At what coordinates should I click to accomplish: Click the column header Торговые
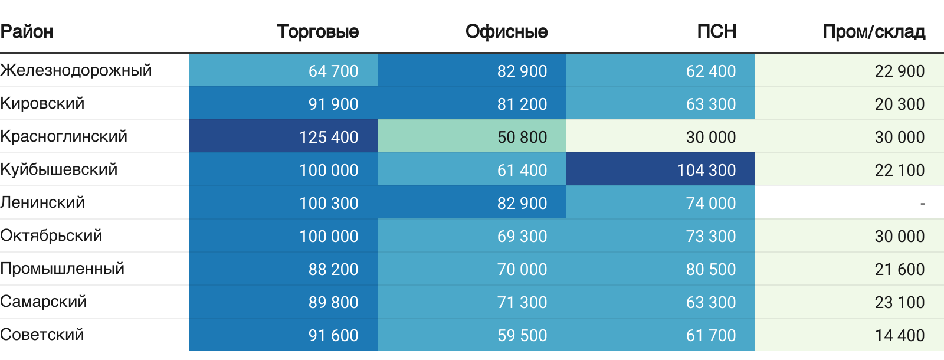pos(317,31)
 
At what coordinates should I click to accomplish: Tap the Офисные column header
pos(506,31)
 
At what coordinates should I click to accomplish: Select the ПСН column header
pos(716,31)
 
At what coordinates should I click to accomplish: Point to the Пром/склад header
pos(873,31)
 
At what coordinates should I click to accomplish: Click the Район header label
pos(27,31)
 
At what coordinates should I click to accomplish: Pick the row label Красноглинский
pos(64,136)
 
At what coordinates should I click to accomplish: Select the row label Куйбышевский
pos(59,169)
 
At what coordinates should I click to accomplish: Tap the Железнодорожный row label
pos(76,70)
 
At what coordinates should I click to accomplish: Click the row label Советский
pos(42,335)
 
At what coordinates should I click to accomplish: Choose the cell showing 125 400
pos(329,137)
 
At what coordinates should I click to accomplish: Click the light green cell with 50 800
pos(522,137)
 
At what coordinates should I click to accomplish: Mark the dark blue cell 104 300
pos(706,170)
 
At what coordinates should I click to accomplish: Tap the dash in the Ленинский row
pos(922,204)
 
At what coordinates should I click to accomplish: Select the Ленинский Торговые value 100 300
pos(329,203)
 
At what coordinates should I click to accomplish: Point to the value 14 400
pos(900,335)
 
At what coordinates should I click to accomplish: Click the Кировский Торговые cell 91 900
pos(333,104)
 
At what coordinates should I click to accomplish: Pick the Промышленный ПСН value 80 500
pos(711,269)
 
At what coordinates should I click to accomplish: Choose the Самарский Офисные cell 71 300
pos(522,302)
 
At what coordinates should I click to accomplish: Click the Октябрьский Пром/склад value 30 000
pos(900,236)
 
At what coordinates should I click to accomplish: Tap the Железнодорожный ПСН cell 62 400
pos(711,71)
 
